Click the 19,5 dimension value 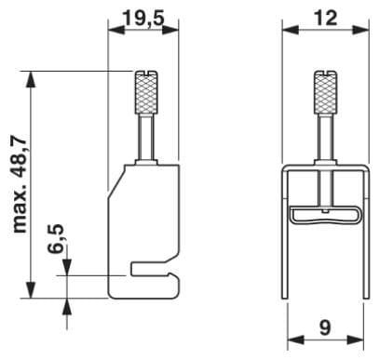click(143, 18)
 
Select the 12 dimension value click(325, 18)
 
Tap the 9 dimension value click(325, 327)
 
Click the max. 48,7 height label click(20, 184)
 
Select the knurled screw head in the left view click(146, 92)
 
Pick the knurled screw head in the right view click(325, 92)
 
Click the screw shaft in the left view click(146, 137)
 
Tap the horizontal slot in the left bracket click(152, 269)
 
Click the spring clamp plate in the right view click(326, 216)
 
